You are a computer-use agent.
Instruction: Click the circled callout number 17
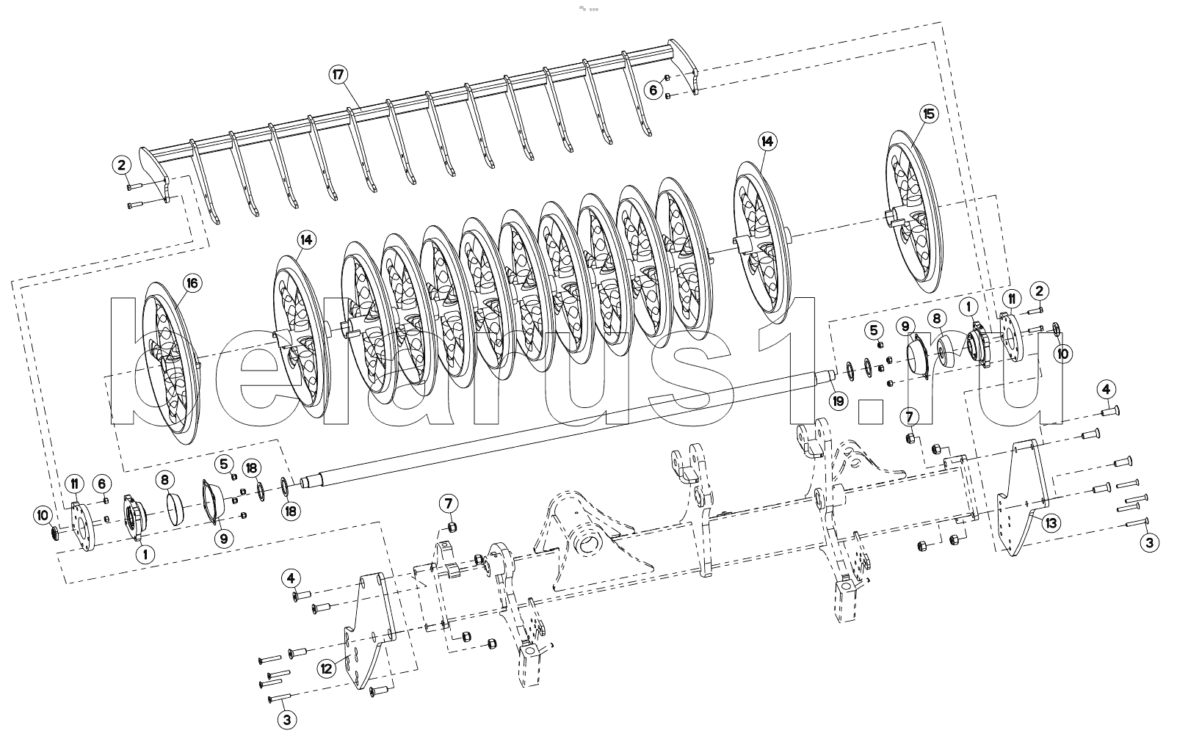[x=338, y=74]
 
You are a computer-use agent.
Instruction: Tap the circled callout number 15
[x=929, y=114]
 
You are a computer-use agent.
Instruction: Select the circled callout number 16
[x=191, y=283]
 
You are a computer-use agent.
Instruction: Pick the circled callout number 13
[x=1051, y=522]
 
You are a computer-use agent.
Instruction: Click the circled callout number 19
[x=838, y=401]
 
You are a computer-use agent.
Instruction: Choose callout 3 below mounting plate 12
[x=286, y=719]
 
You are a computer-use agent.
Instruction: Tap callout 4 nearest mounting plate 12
[x=291, y=578]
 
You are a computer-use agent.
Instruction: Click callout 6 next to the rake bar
[x=653, y=90]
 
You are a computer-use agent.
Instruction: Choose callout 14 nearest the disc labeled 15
[x=767, y=140]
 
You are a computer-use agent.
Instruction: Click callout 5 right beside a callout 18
[x=225, y=463]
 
